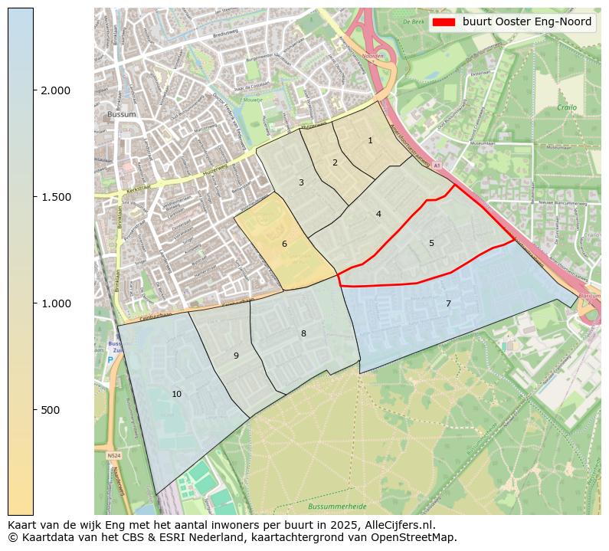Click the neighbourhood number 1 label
370,140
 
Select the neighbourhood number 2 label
335,162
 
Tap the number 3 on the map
301,182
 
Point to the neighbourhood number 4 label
378,214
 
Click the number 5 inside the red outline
431,243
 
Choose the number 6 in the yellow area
284,244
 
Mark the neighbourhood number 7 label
448,303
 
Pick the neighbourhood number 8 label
303,333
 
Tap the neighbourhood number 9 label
236,356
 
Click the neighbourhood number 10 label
177,394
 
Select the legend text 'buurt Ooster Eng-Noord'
527,22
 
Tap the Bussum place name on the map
122,115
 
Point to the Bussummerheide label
337,507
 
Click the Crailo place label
567,108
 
